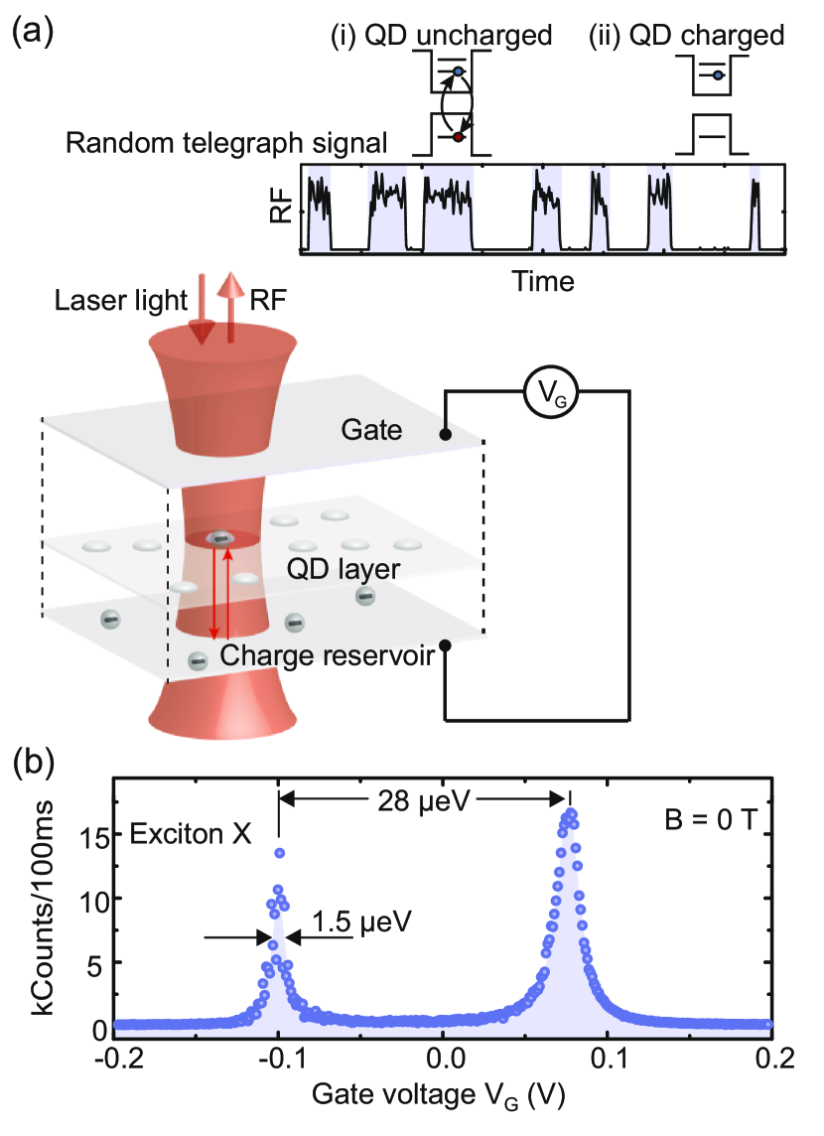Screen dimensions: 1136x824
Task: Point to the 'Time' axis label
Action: pyautogui.click(x=544, y=281)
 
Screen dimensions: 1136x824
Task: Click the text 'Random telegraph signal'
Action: pyautogui.click(x=225, y=143)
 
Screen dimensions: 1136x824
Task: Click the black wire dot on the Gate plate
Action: pyautogui.click(x=446, y=434)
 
